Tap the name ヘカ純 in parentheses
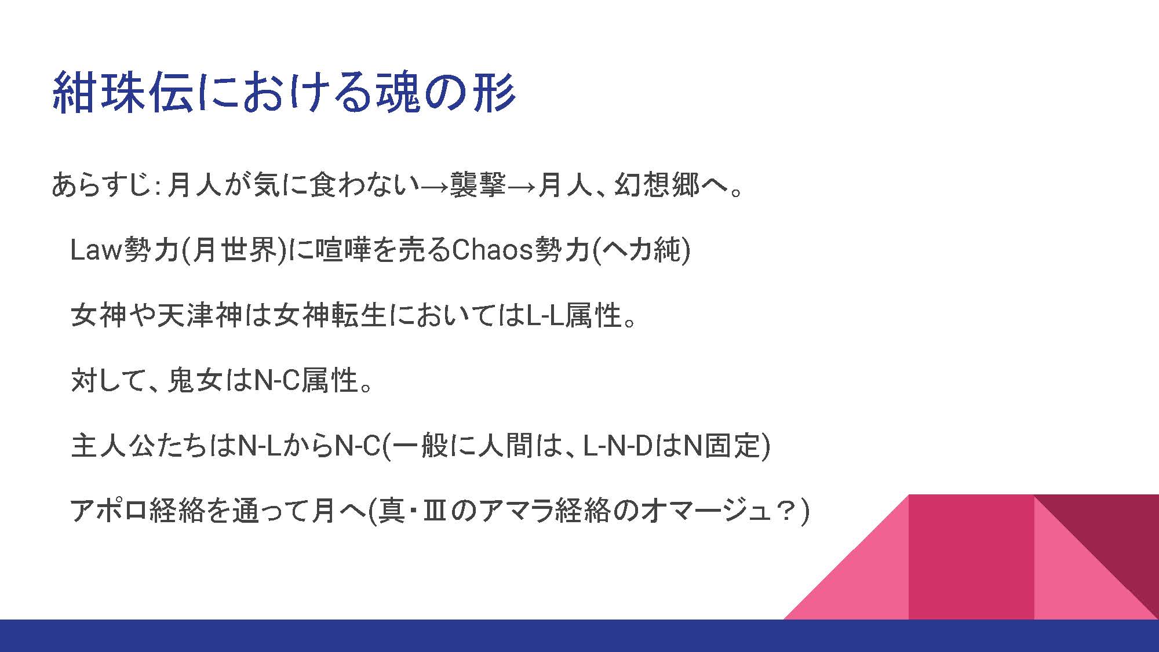point(640,250)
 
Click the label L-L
point(545,316)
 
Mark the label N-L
point(260,446)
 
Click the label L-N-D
point(618,446)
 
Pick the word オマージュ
point(707,511)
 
